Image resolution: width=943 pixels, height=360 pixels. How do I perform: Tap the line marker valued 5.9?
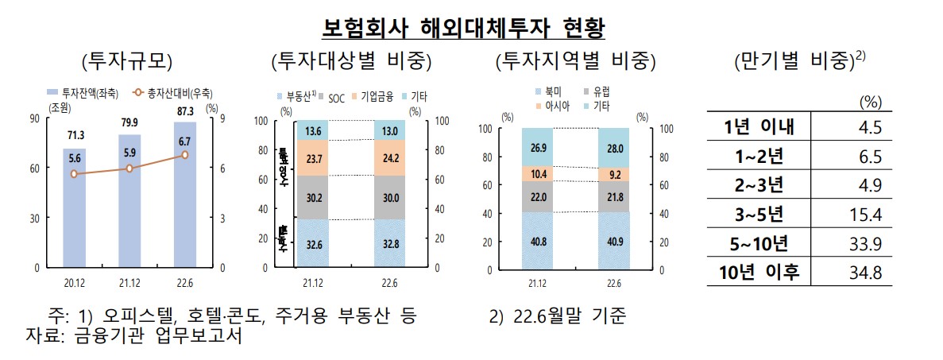pos(129,168)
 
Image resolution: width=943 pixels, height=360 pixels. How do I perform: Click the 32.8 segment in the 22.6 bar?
pos(390,243)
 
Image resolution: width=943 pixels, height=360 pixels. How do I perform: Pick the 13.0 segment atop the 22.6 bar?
pos(390,130)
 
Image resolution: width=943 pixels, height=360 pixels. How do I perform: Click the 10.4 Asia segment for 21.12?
pos(537,173)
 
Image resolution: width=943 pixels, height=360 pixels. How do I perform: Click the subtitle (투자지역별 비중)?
pos(575,60)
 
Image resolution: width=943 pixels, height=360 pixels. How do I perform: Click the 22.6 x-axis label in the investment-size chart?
pos(185,281)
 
